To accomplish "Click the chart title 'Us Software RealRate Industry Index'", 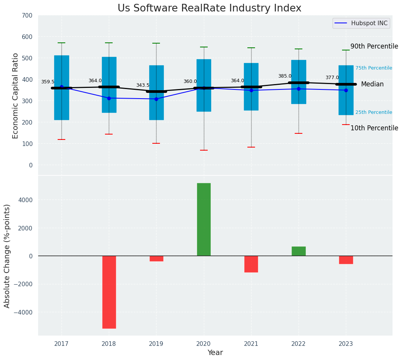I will tap(209, 8).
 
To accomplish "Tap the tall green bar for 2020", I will tap(204, 219).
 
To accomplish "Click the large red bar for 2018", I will tap(109, 292).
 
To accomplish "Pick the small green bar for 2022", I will tap(299, 251).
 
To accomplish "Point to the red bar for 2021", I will tap(251, 264).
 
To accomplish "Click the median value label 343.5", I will tap(143, 85).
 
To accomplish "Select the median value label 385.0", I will tap(285, 76).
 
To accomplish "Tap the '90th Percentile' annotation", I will tap(374, 46).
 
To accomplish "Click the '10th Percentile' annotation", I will tap(374, 128).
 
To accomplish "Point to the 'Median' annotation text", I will tap(372, 84).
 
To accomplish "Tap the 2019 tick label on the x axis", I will tap(156, 344).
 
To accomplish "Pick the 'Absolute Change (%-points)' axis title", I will tap(7, 256).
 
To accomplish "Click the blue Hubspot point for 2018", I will tap(109, 98).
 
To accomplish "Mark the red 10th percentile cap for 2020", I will tap(204, 150).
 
